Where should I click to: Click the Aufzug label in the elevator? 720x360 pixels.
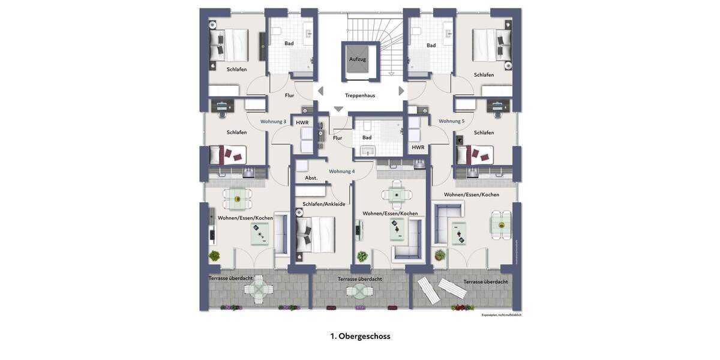[358, 59]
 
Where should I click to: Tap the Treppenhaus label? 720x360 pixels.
[360, 95]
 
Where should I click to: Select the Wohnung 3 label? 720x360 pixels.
[273, 121]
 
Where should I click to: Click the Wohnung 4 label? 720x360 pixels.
[341, 172]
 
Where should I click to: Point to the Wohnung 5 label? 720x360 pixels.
[451, 121]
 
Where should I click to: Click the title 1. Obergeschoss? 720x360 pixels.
[360, 336]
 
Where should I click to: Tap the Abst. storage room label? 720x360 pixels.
[311, 178]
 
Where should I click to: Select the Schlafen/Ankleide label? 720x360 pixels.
[324, 204]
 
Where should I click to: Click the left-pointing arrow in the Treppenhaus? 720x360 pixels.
[320, 91]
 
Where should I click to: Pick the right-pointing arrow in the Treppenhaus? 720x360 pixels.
[401, 91]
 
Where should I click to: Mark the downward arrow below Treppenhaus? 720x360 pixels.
[338, 109]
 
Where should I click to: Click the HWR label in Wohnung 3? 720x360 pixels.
[302, 122]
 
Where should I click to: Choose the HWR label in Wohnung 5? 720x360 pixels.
[418, 148]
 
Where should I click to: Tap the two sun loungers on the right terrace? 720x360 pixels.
[442, 289]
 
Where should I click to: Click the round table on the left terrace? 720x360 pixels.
[258, 289]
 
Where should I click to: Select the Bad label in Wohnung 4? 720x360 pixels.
[367, 137]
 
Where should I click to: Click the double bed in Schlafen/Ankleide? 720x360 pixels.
[316, 234]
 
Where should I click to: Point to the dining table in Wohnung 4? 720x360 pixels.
[397, 194]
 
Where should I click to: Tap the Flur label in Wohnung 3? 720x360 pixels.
[289, 95]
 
